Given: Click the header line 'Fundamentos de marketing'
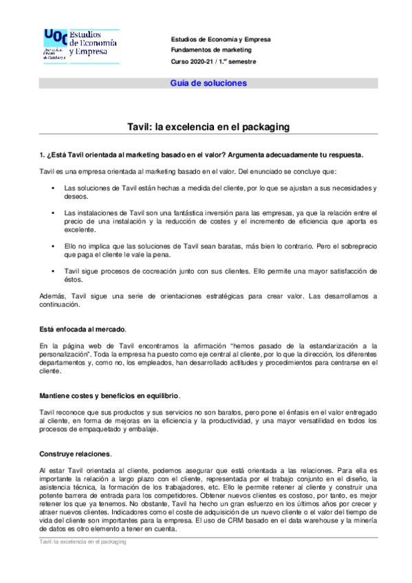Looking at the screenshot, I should (x=211, y=50).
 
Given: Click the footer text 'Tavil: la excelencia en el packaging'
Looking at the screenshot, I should (x=83, y=542).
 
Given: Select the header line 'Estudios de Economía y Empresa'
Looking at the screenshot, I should (x=221, y=39).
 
